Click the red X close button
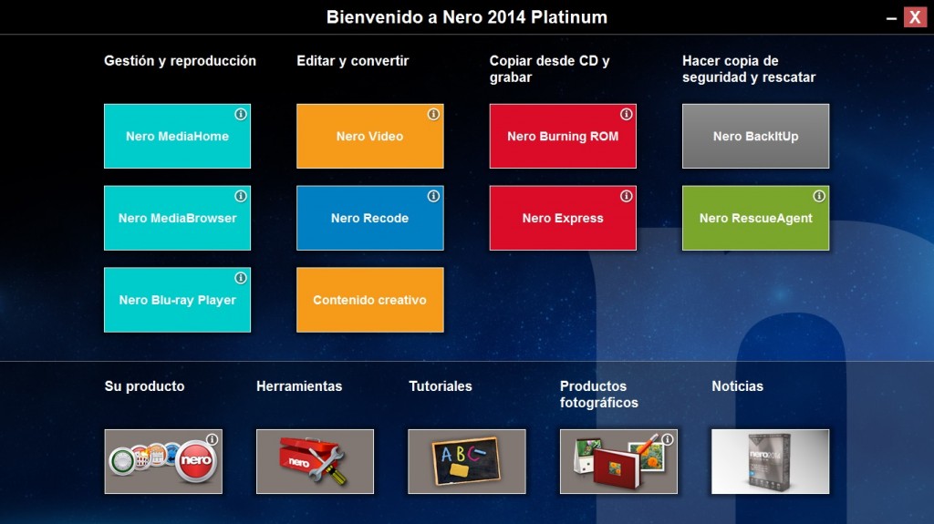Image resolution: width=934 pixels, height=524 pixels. pos(915,17)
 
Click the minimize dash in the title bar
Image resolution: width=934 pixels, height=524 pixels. pos(891,19)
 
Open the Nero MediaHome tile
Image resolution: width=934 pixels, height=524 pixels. pos(178,137)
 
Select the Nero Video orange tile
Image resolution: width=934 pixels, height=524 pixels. pos(370,137)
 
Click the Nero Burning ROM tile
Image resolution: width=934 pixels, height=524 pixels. pos(563,137)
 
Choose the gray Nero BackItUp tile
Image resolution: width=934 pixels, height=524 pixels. pos(755,137)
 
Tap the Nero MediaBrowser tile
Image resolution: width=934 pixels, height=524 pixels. pos(178,218)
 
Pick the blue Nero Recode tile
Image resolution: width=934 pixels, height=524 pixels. pos(370,218)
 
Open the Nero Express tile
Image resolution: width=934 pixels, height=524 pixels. pos(563,218)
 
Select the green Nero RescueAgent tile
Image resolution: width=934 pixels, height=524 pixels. pos(755,218)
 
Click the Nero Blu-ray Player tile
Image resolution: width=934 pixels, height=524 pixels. pos(178,300)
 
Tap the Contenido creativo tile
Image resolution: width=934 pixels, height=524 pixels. pos(370,300)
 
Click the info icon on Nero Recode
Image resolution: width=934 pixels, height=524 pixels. pos(433,196)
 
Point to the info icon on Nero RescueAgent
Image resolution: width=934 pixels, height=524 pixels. pos(819,196)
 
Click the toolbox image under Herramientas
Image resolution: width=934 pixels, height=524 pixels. pos(315,461)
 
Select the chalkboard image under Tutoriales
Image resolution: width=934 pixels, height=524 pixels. pos(467,461)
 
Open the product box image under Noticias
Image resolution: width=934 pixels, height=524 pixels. pos(770,461)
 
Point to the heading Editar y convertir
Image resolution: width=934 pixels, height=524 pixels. pos(353,61)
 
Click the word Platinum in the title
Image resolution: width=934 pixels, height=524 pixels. pos(569,17)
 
